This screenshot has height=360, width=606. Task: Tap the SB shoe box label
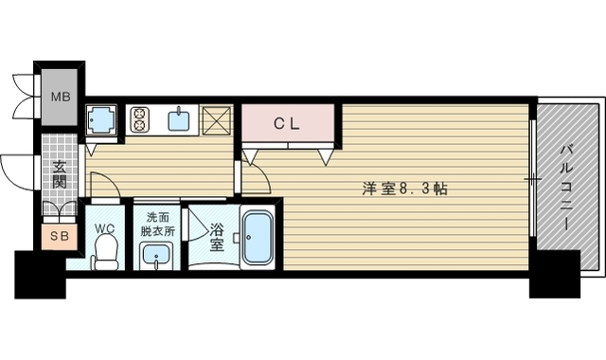click(x=58, y=234)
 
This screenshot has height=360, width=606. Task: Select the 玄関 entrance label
click(x=59, y=176)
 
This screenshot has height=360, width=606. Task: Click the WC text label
click(x=104, y=227)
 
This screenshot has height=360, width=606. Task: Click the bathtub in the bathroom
click(x=258, y=237)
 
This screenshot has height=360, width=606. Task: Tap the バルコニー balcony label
click(x=564, y=186)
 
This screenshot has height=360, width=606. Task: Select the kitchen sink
click(x=178, y=119)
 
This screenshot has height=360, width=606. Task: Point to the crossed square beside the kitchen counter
click(x=217, y=120)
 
